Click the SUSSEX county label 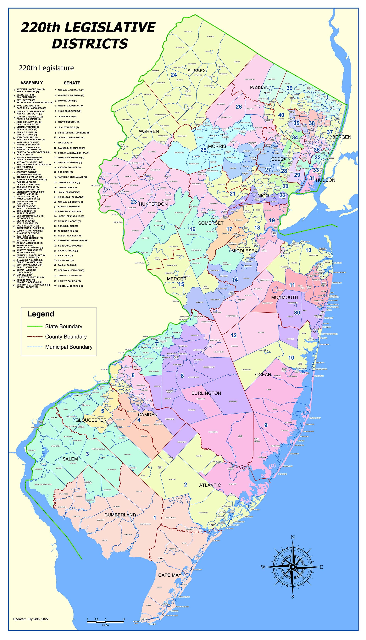tap(196, 71)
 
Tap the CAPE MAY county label tap(170, 575)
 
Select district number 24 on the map tap(174, 75)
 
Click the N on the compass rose tap(293, 538)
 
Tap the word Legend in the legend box tap(41, 314)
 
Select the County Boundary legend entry tap(66, 337)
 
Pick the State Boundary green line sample tap(35, 326)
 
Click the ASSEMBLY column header tap(32, 83)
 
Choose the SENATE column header tap(72, 83)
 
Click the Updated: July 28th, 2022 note tap(31, 619)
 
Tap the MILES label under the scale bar tap(105, 625)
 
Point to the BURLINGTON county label tap(206, 393)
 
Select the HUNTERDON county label tap(153, 204)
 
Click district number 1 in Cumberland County tap(155, 518)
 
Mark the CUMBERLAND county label tap(120, 515)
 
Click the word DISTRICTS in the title tap(90, 43)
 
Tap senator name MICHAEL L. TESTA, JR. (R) tap(71, 90)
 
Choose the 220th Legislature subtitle tap(46, 68)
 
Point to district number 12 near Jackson tap(234, 335)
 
